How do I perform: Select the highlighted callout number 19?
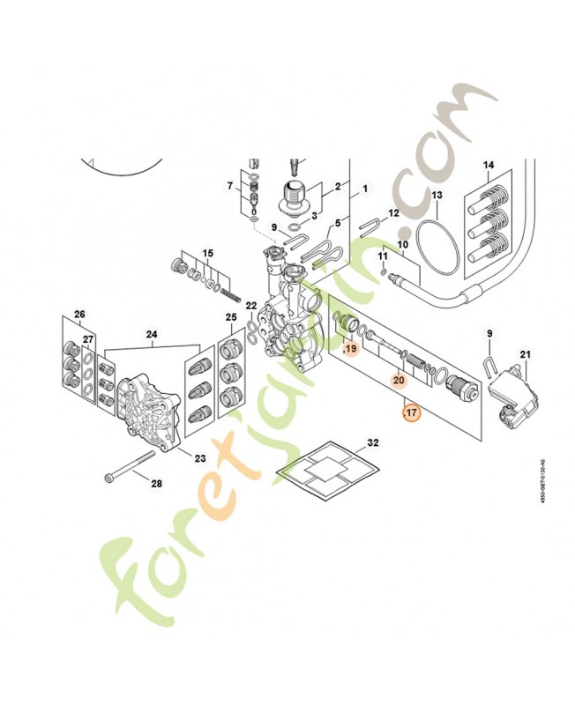pyautogui.click(x=350, y=350)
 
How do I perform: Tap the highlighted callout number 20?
pyautogui.click(x=399, y=380)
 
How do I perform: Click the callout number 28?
pyautogui.click(x=156, y=484)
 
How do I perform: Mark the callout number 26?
pyautogui.click(x=79, y=314)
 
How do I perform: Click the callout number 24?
pyautogui.click(x=151, y=335)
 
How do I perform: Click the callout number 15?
pyautogui.click(x=208, y=254)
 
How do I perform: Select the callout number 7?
pyautogui.click(x=230, y=186)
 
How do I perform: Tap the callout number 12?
pyautogui.click(x=394, y=213)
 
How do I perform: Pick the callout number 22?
pyautogui.click(x=251, y=305)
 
